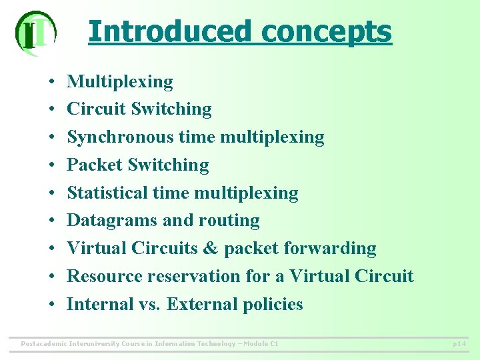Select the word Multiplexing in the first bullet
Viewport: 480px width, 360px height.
point(120,82)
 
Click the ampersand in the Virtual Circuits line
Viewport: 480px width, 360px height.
point(211,249)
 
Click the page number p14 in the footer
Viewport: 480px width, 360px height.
point(459,344)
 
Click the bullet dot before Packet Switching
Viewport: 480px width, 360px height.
point(51,165)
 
